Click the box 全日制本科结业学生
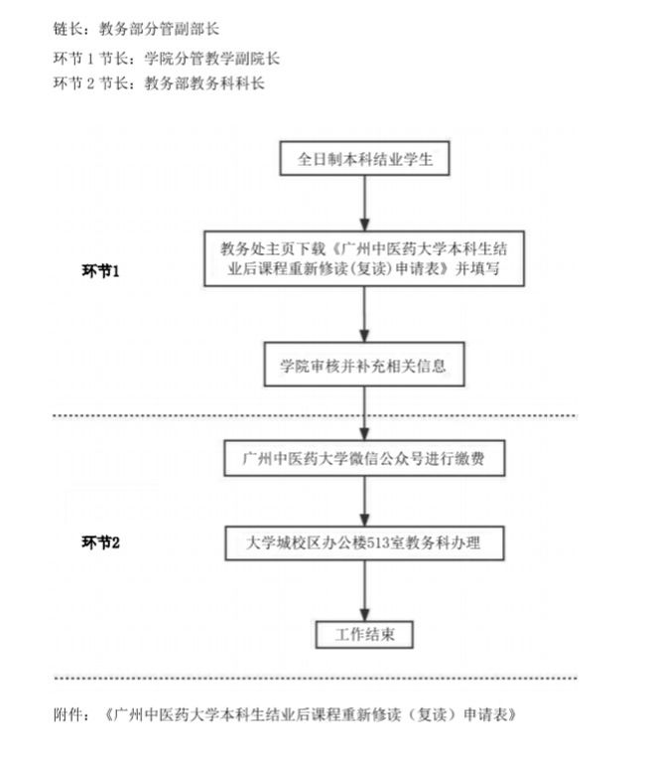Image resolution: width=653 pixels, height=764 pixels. [x=366, y=158]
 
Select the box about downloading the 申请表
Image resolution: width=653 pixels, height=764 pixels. [x=365, y=259]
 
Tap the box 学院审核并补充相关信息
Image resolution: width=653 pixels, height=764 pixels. [x=364, y=365]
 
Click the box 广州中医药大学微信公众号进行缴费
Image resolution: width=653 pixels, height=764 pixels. [x=366, y=460]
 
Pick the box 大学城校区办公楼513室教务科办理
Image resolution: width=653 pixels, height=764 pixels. [x=366, y=543]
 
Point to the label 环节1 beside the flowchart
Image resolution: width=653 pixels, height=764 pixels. [x=100, y=270]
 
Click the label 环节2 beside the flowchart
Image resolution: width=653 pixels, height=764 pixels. [x=100, y=542]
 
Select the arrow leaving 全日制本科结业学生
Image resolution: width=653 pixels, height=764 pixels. [x=366, y=204]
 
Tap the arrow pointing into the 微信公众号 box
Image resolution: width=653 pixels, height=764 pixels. [x=366, y=412]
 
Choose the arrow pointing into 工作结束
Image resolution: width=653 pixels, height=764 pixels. [x=365, y=592]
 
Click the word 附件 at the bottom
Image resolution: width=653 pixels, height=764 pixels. [x=73, y=714]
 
